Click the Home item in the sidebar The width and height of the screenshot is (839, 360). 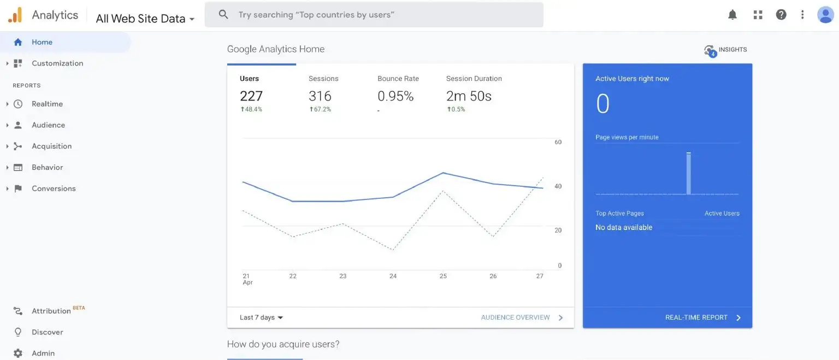click(x=42, y=42)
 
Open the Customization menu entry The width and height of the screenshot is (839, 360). click(x=57, y=63)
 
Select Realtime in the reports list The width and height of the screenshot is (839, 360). click(x=47, y=104)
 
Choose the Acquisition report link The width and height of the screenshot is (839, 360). click(x=51, y=146)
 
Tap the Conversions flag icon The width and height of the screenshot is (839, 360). click(x=18, y=188)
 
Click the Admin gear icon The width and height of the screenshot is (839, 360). click(x=18, y=353)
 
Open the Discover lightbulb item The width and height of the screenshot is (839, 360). click(x=18, y=332)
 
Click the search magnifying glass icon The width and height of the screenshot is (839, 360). click(x=223, y=15)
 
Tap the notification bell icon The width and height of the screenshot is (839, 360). click(x=732, y=15)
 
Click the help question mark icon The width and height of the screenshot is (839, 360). click(x=781, y=15)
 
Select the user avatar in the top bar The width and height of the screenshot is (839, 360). click(x=825, y=15)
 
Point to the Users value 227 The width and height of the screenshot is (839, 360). click(x=251, y=96)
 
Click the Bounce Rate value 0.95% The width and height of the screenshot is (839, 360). click(x=395, y=96)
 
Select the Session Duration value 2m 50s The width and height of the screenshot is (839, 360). click(x=469, y=96)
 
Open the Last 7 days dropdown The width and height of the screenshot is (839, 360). click(x=262, y=317)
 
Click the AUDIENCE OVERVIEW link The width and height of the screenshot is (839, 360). click(x=515, y=317)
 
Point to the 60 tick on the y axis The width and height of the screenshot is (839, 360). click(x=558, y=142)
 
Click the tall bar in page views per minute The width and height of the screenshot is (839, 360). click(x=689, y=173)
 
